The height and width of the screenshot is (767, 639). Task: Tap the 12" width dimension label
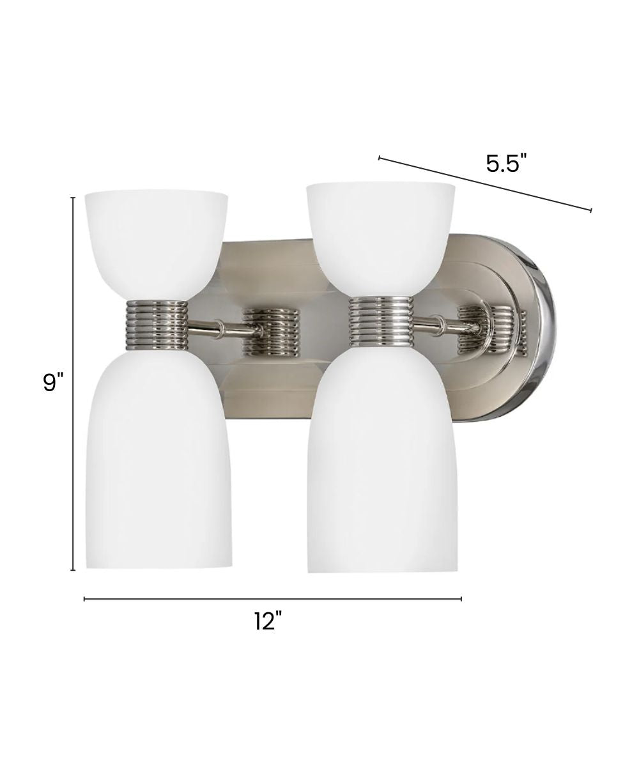coord(268,621)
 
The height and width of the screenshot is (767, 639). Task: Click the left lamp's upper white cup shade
coord(157,240)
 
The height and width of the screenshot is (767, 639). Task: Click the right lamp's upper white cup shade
coord(381,233)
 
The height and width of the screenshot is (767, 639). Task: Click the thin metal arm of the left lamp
coord(217,329)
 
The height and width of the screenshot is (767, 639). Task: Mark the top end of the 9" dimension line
coord(73,198)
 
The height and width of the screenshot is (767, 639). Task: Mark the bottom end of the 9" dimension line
coord(73,569)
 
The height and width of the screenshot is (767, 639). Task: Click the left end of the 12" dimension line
coord(84,599)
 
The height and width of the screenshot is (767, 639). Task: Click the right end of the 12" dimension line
coord(461,599)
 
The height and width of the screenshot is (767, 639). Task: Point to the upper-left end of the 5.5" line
coord(380,157)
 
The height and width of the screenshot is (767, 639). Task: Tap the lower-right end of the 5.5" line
coord(590,210)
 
